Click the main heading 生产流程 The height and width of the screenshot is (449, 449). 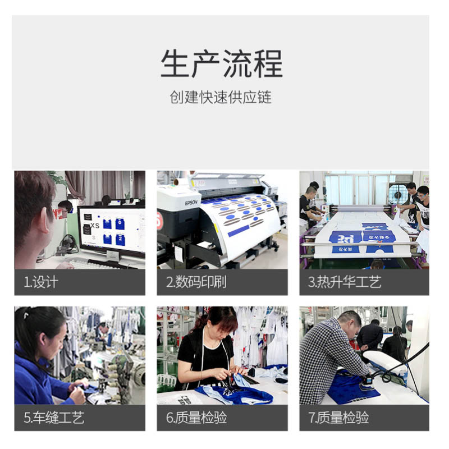[x=222, y=63]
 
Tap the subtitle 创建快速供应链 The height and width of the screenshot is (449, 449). [x=221, y=97]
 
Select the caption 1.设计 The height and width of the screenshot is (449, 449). [x=41, y=282]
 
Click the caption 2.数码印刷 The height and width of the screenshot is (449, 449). [x=196, y=282]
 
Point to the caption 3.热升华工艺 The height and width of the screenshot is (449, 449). [x=345, y=282]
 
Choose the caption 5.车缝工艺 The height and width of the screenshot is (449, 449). [x=54, y=418]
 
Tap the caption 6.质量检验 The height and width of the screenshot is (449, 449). [x=196, y=418]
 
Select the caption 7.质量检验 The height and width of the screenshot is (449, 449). [x=338, y=418]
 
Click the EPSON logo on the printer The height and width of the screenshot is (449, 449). [x=191, y=203]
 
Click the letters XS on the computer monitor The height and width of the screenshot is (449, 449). [x=95, y=226]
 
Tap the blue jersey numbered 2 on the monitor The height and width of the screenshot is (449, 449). [x=120, y=240]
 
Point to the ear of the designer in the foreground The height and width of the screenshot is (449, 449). [x=44, y=219]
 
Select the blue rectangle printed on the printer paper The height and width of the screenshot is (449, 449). [x=239, y=231]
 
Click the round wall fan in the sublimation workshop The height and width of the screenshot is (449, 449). [x=398, y=195]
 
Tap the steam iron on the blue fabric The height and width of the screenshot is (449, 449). [x=368, y=382]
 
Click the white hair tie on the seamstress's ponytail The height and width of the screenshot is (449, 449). [x=26, y=315]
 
